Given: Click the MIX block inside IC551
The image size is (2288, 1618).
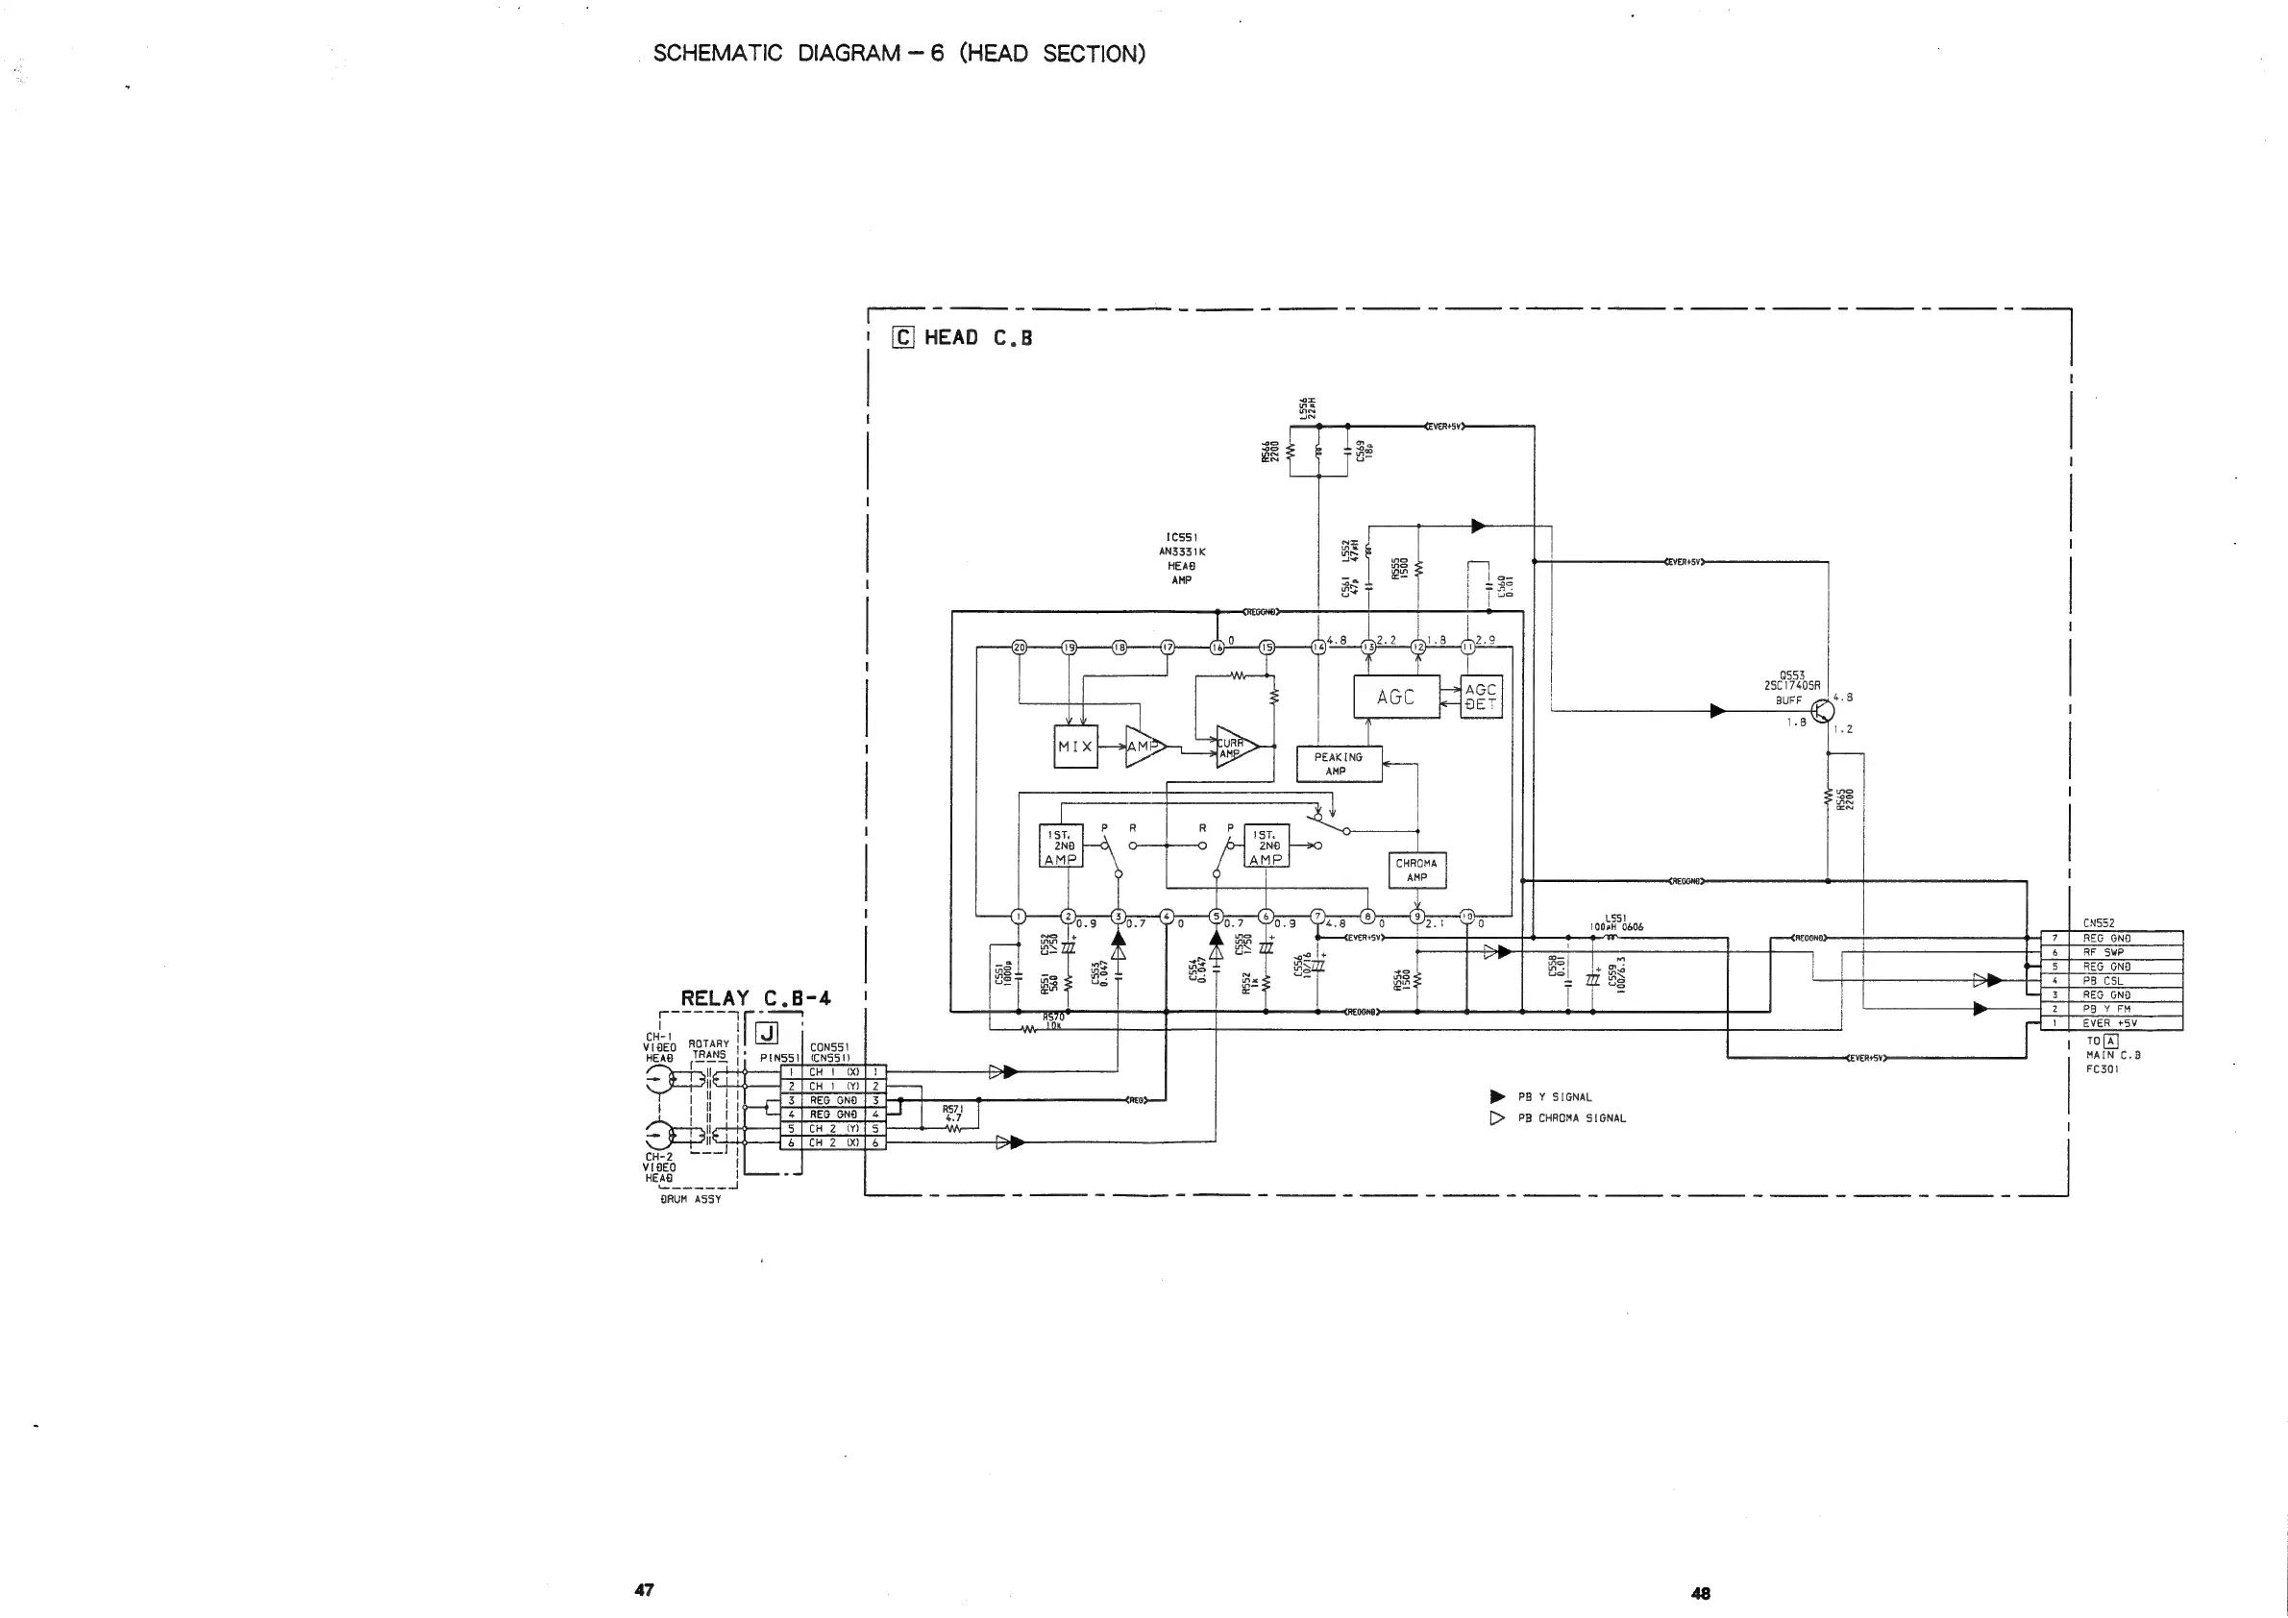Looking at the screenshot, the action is point(1075,747).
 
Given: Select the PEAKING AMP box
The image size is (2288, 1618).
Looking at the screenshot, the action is point(1339,764).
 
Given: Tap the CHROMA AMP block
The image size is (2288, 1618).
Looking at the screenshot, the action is point(1416,870).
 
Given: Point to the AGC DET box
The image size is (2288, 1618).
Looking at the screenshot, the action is point(1480,697).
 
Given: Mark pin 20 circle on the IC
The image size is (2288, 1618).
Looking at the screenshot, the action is point(1019,647).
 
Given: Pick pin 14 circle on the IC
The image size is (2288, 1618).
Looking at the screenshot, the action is point(1318,647).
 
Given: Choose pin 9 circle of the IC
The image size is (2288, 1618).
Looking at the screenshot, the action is point(1416,917).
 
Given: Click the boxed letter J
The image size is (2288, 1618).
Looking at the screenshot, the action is point(768,1033).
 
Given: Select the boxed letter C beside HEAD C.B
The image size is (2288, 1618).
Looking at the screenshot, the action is point(903,338).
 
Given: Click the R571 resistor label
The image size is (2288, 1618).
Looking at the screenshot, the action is point(952,1108).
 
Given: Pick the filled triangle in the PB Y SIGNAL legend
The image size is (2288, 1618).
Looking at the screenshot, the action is point(1497,1097).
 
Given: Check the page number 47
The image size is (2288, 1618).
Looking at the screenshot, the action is point(644,1589).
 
